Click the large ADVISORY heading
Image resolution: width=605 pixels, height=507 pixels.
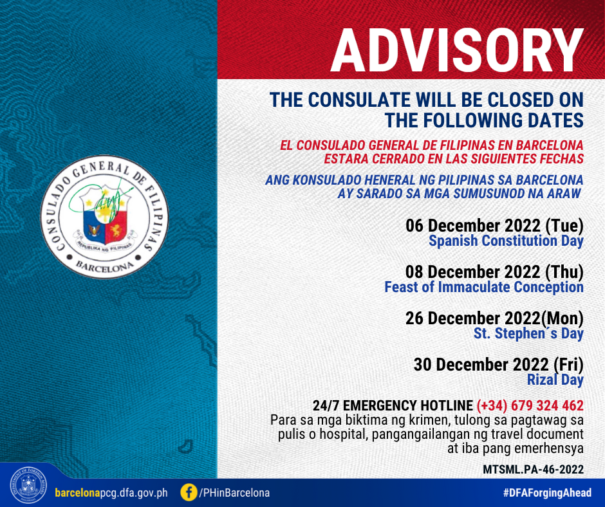point(457,51)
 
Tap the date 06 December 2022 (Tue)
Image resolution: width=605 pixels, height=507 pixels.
point(494,226)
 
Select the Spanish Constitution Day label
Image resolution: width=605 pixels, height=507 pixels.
point(506,241)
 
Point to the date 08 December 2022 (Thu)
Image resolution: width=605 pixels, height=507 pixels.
point(494,272)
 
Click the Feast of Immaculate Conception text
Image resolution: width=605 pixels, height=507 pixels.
point(484,287)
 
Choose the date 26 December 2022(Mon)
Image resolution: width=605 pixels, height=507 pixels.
point(494,318)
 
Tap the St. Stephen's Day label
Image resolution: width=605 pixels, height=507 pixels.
point(528,333)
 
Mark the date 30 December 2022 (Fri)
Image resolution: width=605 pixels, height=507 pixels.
point(499,365)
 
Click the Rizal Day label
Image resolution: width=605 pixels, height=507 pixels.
point(555,380)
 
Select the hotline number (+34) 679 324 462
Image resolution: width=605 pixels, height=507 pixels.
point(530,406)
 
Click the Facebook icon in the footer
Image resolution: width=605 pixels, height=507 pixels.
point(189,493)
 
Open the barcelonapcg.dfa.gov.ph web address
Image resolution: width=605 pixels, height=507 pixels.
point(111,493)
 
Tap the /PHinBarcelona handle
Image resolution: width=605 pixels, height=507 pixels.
point(234,493)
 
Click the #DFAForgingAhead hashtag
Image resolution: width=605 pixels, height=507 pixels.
point(547,493)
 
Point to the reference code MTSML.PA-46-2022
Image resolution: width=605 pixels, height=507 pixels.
point(533,470)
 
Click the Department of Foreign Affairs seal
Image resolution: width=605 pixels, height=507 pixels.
point(28,485)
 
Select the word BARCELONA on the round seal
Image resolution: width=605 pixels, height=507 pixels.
point(104,267)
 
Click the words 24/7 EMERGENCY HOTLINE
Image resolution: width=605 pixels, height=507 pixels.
point(393,406)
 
